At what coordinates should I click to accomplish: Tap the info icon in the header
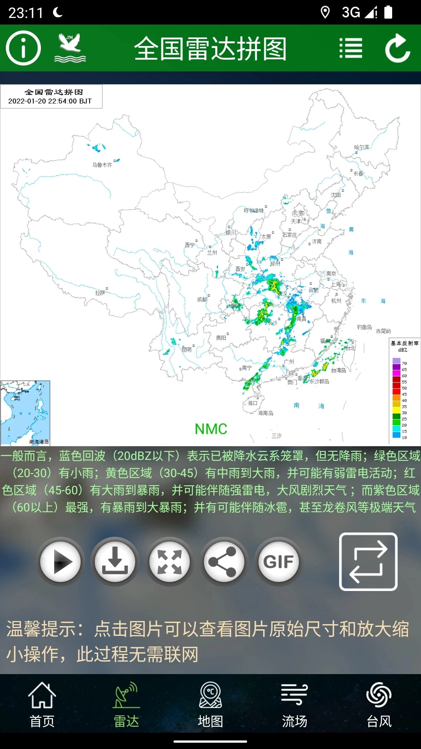tap(23, 48)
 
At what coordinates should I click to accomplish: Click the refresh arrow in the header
tap(398, 48)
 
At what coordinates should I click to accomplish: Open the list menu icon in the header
tap(351, 48)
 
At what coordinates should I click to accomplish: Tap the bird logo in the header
tap(70, 48)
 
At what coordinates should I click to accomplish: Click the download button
tap(115, 561)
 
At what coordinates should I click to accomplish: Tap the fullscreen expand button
tap(170, 561)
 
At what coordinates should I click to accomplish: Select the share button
tap(223, 561)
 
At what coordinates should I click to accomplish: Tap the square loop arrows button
tap(368, 561)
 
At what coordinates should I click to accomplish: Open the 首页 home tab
tap(42, 705)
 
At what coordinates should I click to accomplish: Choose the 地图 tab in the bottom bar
tap(210, 705)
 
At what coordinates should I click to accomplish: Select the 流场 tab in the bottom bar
tap(295, 705)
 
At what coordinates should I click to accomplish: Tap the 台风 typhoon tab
tap(379, 705)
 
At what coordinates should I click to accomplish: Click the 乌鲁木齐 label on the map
tap(102, 165)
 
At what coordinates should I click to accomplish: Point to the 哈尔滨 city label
tap(361, 147)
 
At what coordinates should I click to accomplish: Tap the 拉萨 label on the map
tap(100, 293)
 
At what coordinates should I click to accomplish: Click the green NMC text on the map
tap(211, 429)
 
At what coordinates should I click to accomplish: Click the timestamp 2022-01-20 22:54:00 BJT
tap(50, 101)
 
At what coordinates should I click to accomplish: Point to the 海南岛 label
tap(265, 413)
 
